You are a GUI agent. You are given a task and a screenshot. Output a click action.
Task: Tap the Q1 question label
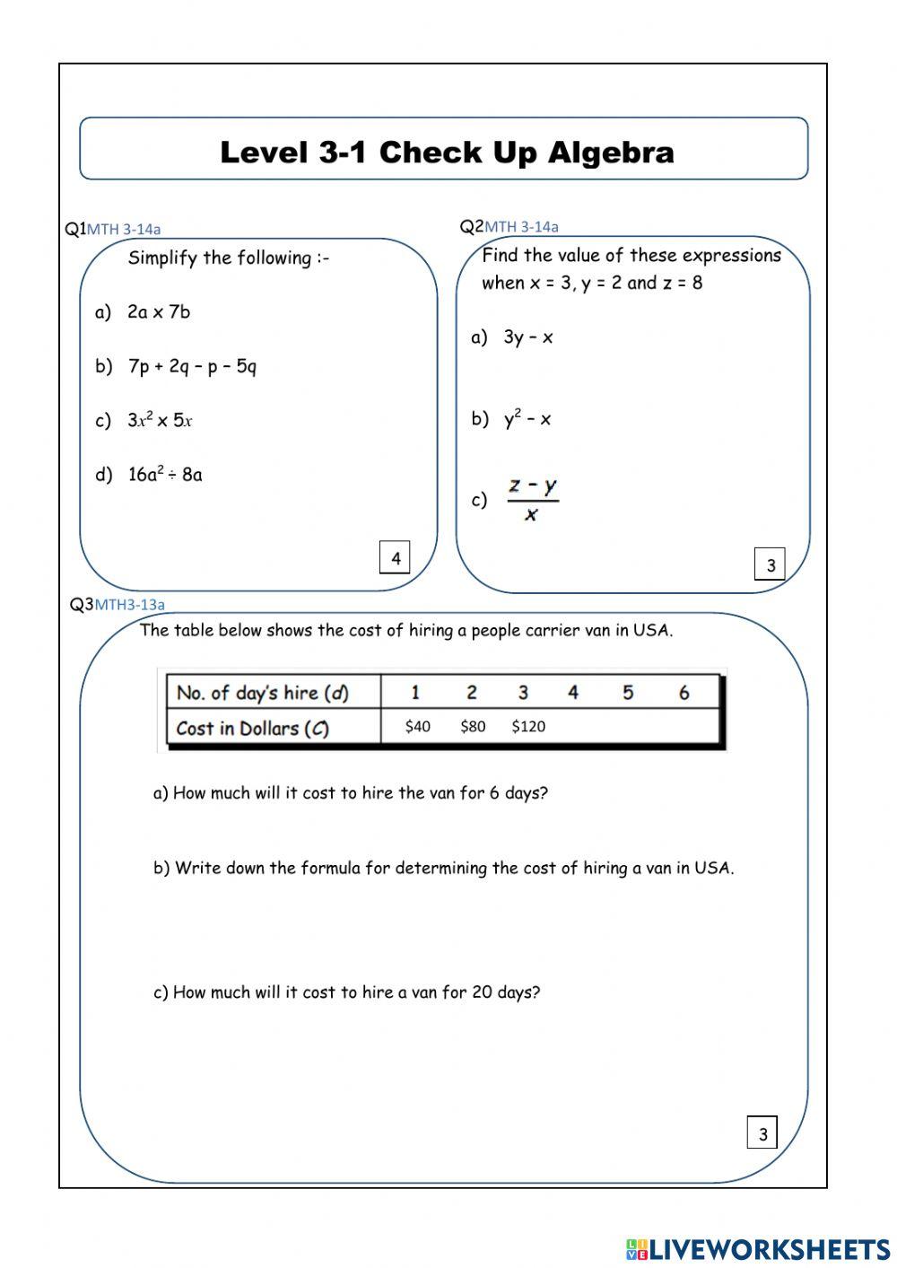(74, 229)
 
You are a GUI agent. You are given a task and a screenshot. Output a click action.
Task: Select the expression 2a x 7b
(159, 312)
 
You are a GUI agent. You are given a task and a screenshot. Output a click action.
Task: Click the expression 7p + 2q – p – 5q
(192, 366)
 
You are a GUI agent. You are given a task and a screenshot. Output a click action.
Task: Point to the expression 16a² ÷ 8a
(165, 474)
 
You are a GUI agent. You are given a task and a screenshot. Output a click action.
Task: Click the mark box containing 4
(396, 558)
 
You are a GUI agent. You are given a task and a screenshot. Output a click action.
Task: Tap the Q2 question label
(471, 226)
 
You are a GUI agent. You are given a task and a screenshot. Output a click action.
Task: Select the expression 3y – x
(528, 337)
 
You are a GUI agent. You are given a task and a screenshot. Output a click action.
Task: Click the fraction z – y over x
(533, 499)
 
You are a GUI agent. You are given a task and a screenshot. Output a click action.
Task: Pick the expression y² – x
(527, 418)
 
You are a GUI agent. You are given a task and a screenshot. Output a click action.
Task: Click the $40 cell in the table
(417, 727)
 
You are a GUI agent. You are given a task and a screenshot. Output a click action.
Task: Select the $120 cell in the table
(528, 727)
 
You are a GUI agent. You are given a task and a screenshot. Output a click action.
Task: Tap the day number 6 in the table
(684, 693)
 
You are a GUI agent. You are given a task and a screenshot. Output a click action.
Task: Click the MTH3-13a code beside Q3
(130, 605)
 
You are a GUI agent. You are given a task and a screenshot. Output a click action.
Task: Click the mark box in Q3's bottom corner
(762, 1133)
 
